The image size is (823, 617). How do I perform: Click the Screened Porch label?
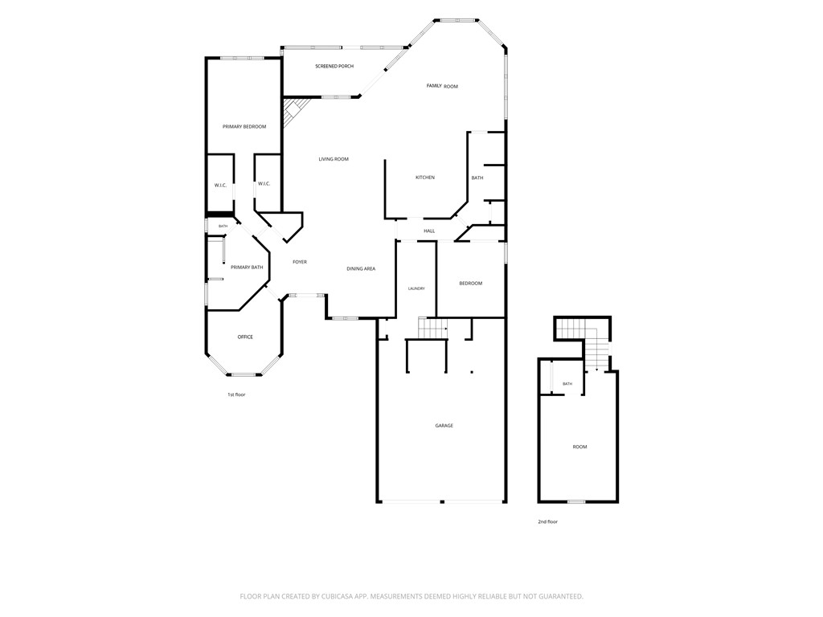point(334,66)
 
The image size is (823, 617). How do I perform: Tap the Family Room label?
point(442,86)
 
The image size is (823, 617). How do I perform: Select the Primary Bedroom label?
point(244,126)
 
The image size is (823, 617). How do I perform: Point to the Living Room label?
point(334,159)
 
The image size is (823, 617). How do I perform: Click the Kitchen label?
point(425,178)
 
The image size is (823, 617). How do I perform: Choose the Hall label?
point(429,231)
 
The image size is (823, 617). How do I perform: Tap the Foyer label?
point(300,262)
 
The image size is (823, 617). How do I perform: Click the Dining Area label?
point(361,268)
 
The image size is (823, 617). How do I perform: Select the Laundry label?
point(416,288)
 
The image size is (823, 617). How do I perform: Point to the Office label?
point(245,337)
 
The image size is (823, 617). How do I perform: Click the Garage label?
point(444,426)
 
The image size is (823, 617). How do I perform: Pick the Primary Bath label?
point(247,267)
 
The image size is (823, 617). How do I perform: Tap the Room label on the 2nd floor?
point(579,447)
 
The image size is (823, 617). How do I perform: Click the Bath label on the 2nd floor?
point(567,384)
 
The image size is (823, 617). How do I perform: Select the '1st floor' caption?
point(236,394)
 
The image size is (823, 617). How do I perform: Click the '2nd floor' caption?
point(547,521)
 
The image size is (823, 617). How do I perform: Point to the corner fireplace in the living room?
point(293,111)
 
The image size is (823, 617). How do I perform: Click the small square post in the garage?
point(471,372)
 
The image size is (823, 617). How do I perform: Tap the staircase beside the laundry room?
point(432,328)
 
